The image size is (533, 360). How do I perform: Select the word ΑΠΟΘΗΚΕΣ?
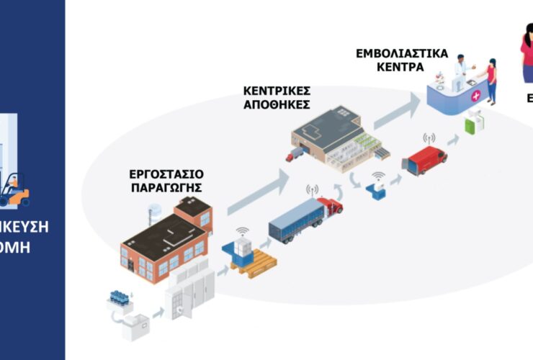(x=276, y=104)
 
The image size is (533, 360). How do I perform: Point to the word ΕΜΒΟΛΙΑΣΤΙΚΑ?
(x=402, y=54)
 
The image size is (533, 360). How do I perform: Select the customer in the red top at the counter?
(x=491, y=77)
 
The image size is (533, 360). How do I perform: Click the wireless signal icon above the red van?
(x=429, y=138)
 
